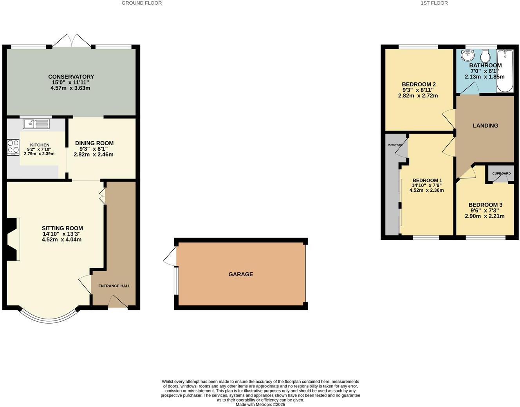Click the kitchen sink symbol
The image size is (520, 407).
click(x=36, y=124)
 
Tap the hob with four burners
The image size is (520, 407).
click(x=13, y=147)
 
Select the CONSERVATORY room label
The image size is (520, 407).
click(x=71, y=77)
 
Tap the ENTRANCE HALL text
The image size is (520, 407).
click(x=114, y=286)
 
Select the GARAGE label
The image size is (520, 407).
click(x=240, y=274)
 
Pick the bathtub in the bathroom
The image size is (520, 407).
click(x=505, y=70)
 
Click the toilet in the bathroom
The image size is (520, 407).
click(x=486, y=56)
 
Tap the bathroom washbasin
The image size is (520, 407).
click(x=468, y=55)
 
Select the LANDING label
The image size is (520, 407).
click(x=485, y=126)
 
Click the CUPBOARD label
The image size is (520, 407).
click(x=501, y=173)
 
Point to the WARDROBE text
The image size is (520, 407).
click(x=395, y=145)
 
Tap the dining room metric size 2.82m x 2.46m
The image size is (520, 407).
click(x=94, y=155)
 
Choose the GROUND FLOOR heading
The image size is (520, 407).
click(x=141, y=3)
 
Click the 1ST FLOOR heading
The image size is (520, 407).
click(x=434, y=3)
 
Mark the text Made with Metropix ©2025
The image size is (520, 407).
click(x=260, y=405)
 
